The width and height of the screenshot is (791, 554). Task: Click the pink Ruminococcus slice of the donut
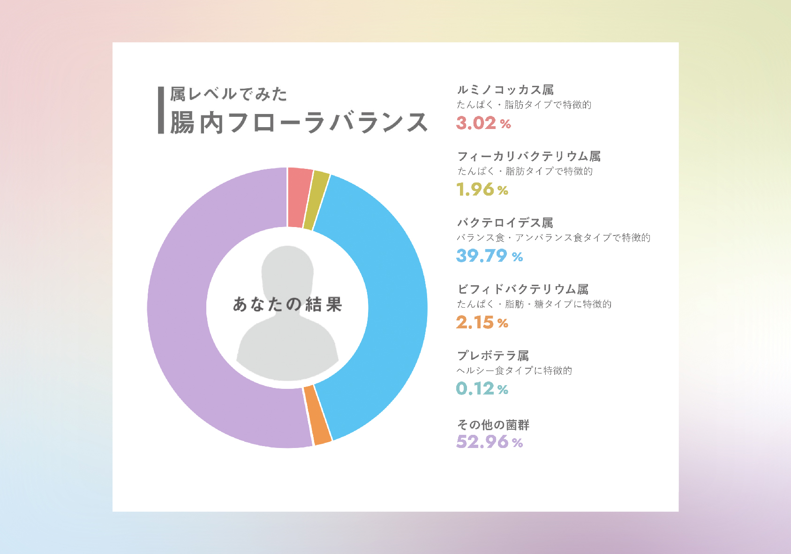[299, 197]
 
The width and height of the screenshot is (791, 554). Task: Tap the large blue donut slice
[384, 300]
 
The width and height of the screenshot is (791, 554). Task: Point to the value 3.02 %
[483, 123]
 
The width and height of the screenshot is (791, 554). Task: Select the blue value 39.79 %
[489, 256]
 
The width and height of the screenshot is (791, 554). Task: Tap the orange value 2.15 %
[482, 323]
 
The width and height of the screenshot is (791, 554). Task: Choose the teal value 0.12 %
[482, 389]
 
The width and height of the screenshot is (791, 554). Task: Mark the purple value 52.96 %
[489, 442]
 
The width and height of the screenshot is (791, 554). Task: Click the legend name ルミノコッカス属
[505, 90]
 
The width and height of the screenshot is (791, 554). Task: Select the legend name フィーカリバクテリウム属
[528, 156]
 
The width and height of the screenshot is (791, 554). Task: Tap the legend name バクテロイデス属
[505, 222]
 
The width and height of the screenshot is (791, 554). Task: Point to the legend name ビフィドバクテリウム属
[522, 289]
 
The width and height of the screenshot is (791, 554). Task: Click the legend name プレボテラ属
[492, 356]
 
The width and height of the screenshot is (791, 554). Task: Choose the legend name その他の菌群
[493, 425]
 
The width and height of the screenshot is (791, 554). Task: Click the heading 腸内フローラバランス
[299, 123]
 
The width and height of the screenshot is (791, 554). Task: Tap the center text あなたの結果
[287, 304]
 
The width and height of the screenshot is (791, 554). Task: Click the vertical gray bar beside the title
[161, 110]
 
